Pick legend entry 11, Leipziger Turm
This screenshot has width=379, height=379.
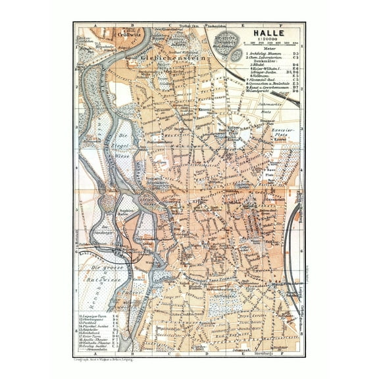click(92, 317)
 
